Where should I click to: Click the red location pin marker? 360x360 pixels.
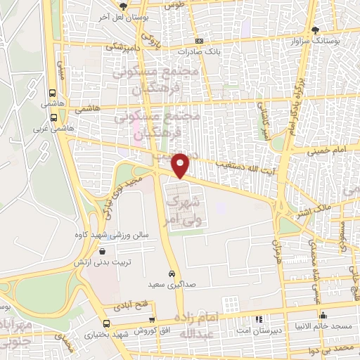(181, 165)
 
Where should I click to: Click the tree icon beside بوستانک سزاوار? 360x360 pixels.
(314, 30)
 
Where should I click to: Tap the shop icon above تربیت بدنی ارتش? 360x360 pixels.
(103, 251)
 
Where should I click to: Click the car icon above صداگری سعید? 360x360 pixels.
(172, 273)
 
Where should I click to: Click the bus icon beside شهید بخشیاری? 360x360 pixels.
(106, 323)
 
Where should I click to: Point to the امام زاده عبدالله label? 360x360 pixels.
(202, 326)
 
